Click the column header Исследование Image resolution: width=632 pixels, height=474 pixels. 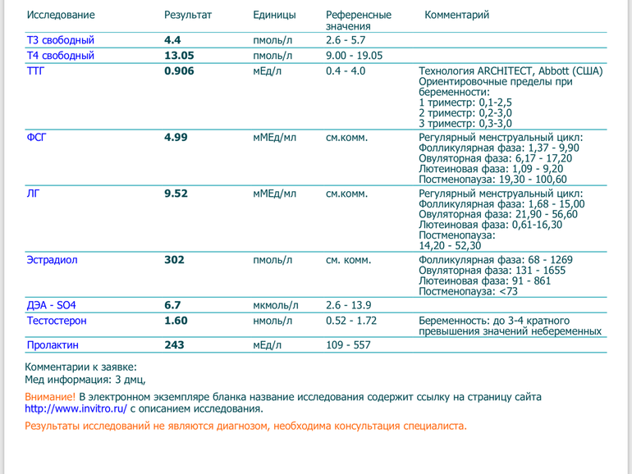[x=61, y=15]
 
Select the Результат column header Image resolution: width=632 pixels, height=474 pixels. [x=188, y=15]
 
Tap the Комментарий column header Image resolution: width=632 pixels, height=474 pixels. [x=457, y=15]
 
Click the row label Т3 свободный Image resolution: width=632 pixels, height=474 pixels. [x=61, y=40]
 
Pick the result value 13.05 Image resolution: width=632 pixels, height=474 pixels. [x=179, y=56]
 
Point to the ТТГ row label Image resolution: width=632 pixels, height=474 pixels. [x=36, y=71]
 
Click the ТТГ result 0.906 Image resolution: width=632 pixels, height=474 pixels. [x=179, y=71]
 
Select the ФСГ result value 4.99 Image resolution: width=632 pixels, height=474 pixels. [x=176, y=137]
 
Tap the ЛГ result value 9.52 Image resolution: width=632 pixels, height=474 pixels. [x=176, y=194]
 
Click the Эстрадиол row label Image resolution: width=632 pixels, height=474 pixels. [x=52, y=260]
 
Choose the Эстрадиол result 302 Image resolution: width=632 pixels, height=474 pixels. [x=174, y=260]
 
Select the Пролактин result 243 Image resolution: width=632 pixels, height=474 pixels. [x=174, y=345]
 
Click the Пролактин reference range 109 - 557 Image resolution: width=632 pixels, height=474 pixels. [x=348, y=345]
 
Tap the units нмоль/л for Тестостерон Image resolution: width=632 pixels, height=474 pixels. [x=275, y=321]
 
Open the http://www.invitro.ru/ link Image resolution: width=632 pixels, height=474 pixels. [x=76, y=408]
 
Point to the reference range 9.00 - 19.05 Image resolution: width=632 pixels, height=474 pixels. [x=354, y=56]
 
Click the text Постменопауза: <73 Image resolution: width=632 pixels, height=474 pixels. [x=468, y=291]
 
